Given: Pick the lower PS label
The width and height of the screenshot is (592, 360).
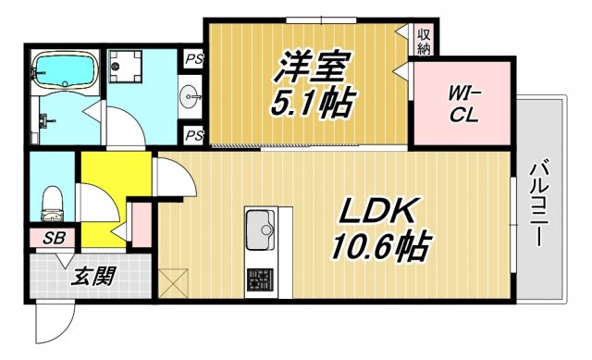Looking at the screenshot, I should [193, 135].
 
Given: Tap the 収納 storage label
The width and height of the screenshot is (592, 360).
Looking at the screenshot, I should [425, 42].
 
